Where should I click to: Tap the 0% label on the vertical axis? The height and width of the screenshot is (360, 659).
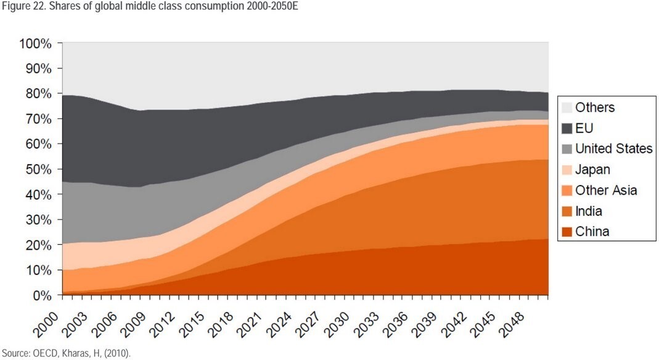[44, 295]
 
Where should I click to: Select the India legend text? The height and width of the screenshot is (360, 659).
[589, 211]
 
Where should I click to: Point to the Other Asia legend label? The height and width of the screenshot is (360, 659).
[606, 190]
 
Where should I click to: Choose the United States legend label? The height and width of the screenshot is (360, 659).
[614, 149]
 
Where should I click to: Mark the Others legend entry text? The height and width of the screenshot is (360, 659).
[595, 108]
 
